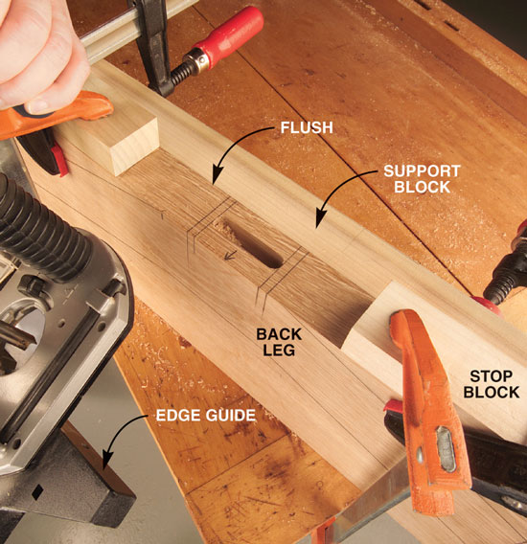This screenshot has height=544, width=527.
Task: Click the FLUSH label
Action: (307, 127)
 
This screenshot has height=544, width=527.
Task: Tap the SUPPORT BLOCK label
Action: (422, 179)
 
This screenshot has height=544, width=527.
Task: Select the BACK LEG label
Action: (279, 342)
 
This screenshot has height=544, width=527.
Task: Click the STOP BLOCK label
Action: (492, 384)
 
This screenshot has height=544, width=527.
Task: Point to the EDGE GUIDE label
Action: (206, 416)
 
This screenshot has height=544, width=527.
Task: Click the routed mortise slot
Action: (253, 244)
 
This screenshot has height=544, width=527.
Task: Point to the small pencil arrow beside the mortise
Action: (231, 255)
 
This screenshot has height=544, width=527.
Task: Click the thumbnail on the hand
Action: (37, 105)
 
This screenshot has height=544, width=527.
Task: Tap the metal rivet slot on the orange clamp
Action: (446, 448)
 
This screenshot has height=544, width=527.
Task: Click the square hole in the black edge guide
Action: (36, 492)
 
